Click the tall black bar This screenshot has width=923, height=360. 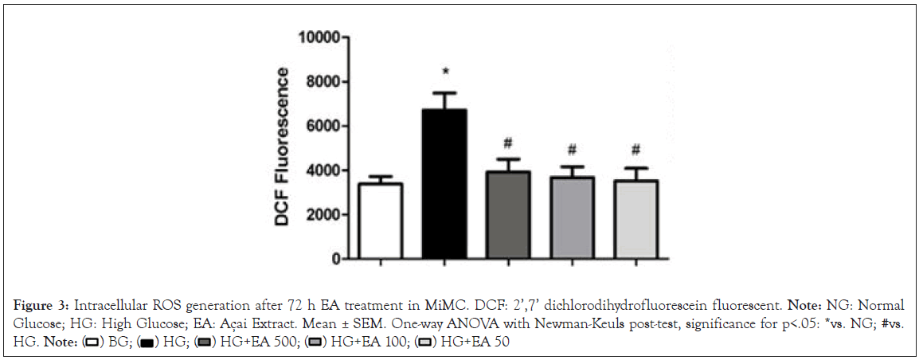tap(444, 184)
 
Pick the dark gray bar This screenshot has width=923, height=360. tap(507, 215)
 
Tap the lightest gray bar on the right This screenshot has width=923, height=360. tap(635, 220)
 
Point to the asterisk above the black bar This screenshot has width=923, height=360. tap(445, 72)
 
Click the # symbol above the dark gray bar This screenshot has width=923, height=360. tap(507, 143)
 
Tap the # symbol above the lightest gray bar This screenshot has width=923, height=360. tap(635, 151)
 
